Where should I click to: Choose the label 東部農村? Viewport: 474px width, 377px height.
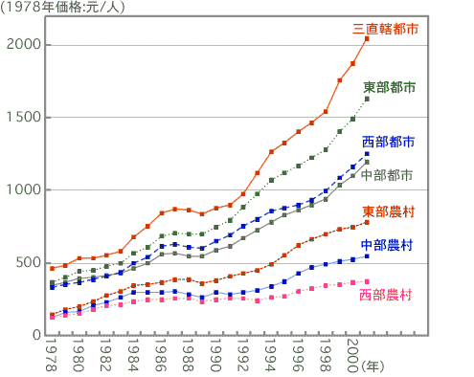(x=389, y=211)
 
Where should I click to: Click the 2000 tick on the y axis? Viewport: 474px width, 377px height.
(x=21, y=46)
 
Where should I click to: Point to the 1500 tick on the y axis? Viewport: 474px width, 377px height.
(x=21, y=119)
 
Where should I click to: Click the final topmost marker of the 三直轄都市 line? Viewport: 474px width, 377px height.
(x=367, y=39)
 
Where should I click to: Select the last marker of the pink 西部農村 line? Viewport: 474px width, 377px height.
(x=367, y=281)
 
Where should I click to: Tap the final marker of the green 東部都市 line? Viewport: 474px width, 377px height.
(x=367, y=99)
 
